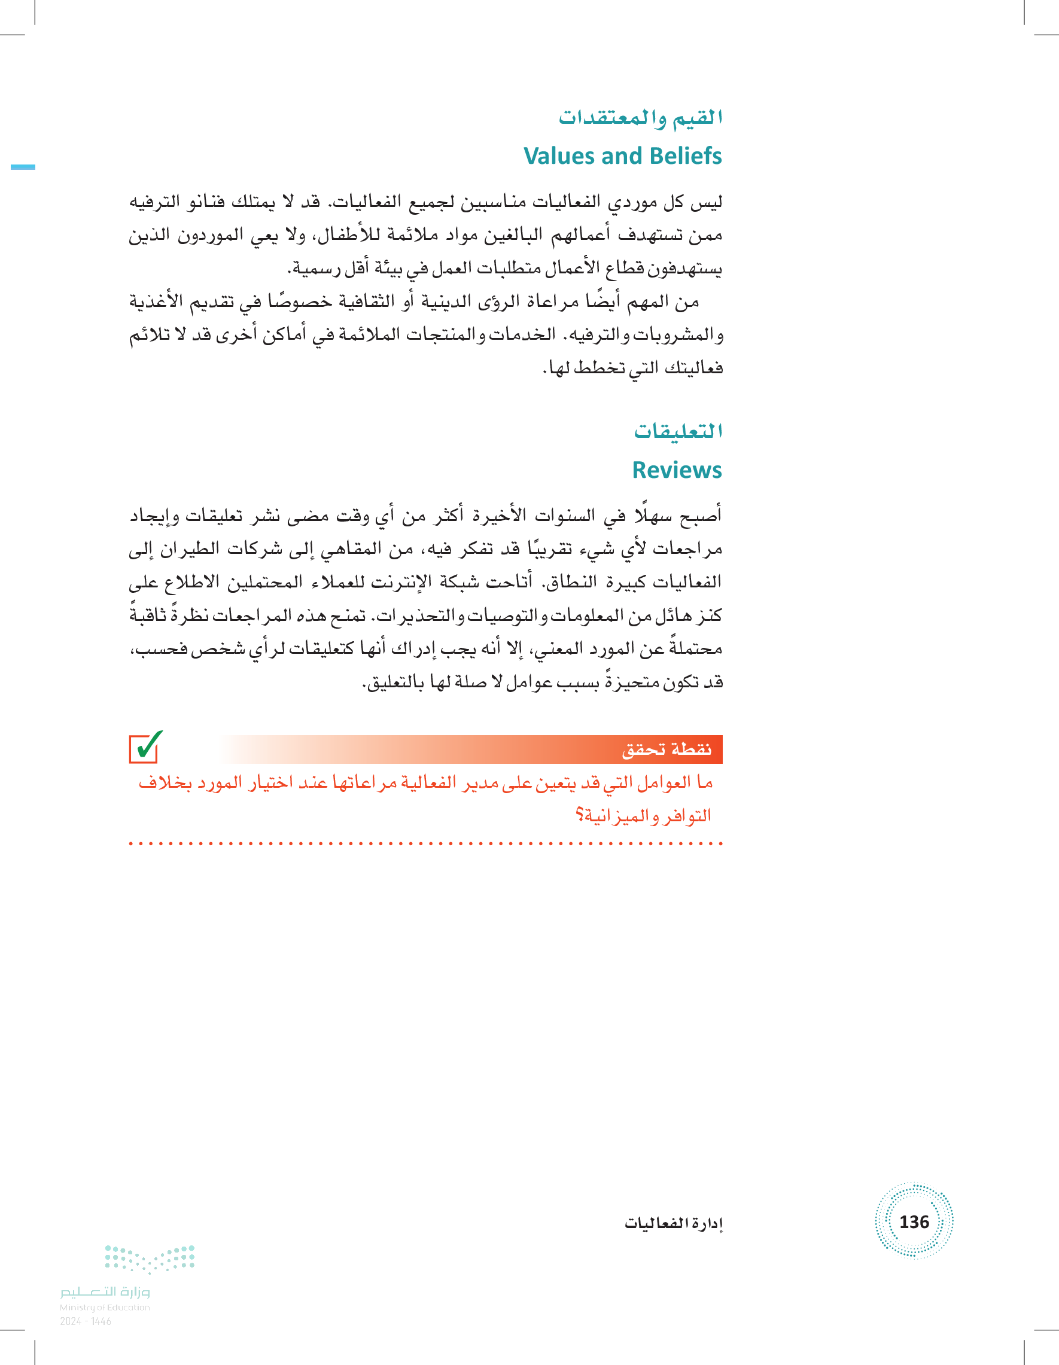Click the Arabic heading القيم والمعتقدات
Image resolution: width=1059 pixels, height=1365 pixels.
click(x=640, y=117)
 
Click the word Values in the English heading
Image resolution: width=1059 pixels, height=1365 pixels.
click(x=558, y=156)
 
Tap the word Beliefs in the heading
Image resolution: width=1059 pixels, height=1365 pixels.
click(x=683, y=156)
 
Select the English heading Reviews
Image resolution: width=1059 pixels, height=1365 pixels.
click(x=677, y=470)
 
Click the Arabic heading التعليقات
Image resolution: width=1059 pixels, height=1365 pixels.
click(x=678, y=431)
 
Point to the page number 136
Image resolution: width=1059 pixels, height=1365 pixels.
click(x=914, y=1221)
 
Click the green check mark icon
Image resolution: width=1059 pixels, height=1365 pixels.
click(x=145, y=747)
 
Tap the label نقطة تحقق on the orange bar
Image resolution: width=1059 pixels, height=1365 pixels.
click(x=667, y=749)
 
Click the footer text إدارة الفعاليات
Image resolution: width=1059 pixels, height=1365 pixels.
click(x=673, y=1223)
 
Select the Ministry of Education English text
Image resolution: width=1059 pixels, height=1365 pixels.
click(x=105, y=1307)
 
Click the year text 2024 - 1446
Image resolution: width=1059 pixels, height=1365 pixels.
click(x=86, y=1321)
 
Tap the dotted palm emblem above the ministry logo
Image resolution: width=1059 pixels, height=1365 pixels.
click(x=150, y=1259)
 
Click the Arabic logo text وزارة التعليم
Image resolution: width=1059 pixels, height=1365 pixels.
click(x=105, y=1291)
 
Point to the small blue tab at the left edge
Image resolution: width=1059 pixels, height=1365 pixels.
click(x=23, y=167)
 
